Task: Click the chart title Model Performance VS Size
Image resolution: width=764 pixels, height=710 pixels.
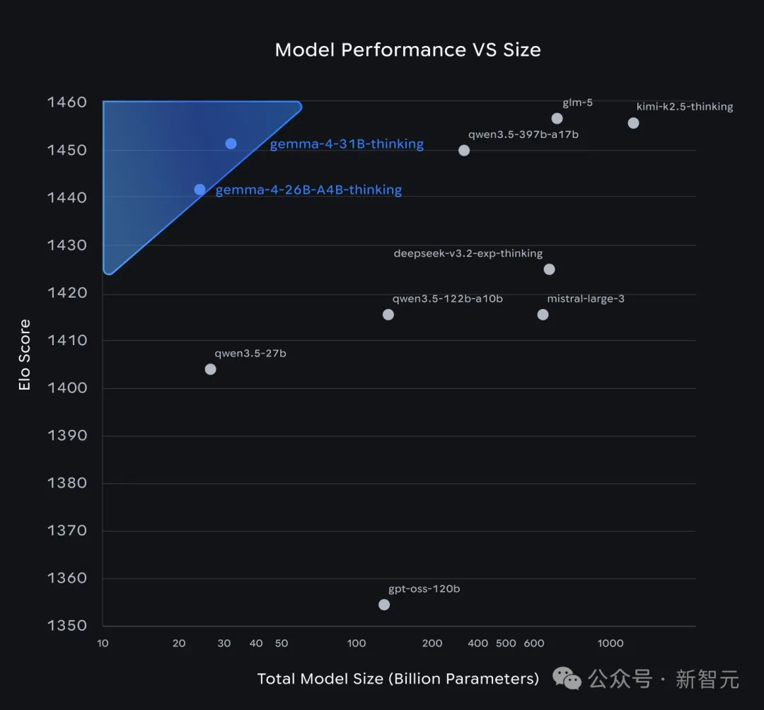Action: (407, 50)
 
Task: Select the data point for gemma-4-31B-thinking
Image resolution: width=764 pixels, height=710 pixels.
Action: (231, 144)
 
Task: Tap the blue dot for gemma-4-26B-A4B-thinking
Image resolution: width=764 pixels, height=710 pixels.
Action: (199, 190)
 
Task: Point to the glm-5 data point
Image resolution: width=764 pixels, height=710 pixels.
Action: (557, 118)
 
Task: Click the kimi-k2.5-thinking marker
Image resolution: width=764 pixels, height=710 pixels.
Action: (633, 123)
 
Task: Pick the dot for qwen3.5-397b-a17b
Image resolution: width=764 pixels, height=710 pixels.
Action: (464, 150)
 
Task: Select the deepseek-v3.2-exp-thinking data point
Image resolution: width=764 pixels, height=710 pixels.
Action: (549, 269)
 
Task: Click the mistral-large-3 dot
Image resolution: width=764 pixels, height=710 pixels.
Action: (543, 315)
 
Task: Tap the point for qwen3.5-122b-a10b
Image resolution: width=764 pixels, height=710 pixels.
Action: (388, 315)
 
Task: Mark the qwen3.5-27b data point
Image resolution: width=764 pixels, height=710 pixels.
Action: (210, 369)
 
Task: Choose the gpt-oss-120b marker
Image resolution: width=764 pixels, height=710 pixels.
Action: (384, 605)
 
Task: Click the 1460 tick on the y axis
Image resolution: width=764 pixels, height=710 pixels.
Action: (66, 103)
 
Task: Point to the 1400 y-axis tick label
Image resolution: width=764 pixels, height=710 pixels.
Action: (66, 388)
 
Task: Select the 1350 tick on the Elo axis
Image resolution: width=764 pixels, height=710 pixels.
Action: (66, 625)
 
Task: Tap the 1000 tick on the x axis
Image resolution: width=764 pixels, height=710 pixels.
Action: (610, 644)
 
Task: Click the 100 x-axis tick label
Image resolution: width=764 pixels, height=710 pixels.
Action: (357, 644)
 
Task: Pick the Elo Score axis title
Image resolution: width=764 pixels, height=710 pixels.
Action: (25, 355)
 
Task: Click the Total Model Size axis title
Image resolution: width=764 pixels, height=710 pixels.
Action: (398, 679)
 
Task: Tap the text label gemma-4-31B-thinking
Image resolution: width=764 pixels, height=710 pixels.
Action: (347, 144)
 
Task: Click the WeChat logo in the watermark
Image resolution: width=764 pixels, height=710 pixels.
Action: (567, 679)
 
